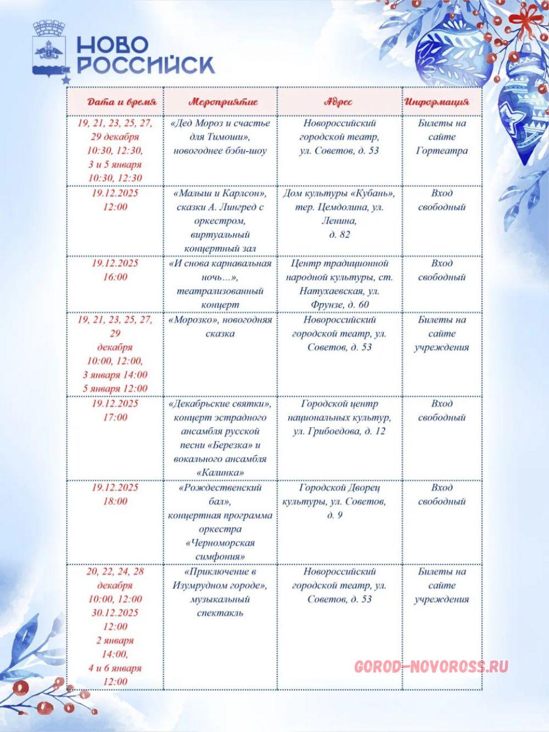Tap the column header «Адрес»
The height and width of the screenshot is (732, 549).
point(339,102)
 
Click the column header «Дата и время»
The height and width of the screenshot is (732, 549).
point(122,102)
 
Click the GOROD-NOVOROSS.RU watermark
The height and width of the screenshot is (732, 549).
point(431,667)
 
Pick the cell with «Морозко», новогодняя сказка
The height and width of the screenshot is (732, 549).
point(220,327)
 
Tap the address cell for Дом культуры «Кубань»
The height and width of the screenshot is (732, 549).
point(339,214)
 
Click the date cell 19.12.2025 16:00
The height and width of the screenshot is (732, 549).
point(115,270)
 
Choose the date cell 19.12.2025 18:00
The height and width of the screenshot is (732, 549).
point(115,494)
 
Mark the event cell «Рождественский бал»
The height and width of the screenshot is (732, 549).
point(220,522)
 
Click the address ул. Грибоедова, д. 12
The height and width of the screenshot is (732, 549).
point(339,431)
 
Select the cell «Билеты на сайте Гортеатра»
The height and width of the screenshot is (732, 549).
point(441,137)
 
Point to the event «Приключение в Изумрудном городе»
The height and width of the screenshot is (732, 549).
point(220,592)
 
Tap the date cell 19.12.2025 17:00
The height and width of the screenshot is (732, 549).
point(115,410)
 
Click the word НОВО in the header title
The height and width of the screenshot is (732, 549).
point(113,45)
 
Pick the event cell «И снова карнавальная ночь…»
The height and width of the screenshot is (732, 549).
point(220,284)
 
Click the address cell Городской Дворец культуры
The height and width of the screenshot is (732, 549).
point(339,501)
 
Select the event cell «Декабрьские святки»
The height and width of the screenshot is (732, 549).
point(220,438)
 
